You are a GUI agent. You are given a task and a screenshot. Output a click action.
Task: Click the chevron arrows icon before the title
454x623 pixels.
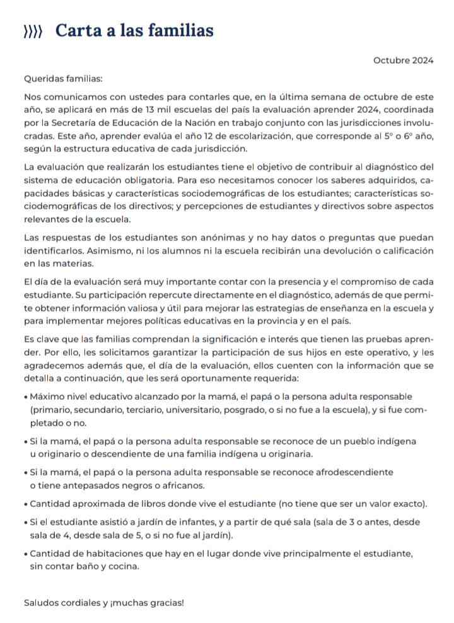33,32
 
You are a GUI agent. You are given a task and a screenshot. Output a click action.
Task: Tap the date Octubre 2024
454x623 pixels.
403,61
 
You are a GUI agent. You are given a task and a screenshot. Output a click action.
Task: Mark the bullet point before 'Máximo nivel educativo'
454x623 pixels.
25,397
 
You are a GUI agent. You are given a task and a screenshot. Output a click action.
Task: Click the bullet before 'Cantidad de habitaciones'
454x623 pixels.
25,554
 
